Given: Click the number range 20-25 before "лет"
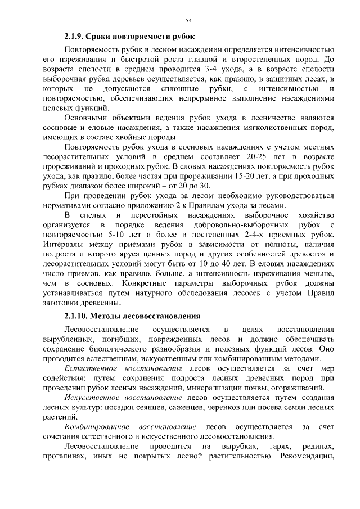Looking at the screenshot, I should (x=256, y=158).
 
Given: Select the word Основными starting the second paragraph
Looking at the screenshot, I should (x=85, y=118).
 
